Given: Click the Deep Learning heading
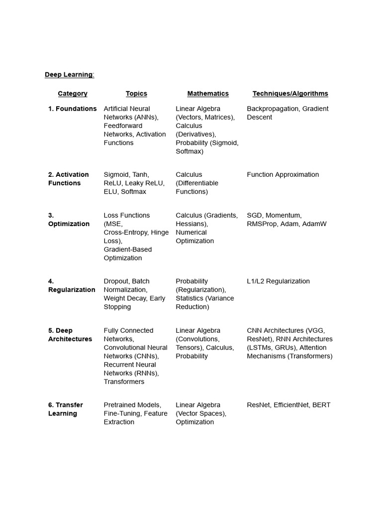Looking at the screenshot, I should tap(69, 75).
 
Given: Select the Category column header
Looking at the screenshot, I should tap(73, 94).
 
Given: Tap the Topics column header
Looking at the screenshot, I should tap(136, 94).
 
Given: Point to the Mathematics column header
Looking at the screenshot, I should tap(208, 94).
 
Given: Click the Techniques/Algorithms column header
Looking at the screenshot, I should tap(290, 94).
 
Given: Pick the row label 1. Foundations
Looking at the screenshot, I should tap(73, 109).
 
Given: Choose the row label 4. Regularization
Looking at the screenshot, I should tap(72, 285).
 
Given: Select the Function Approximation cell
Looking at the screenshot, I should tap(283, 174).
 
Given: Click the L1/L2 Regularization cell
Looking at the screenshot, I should tap(278, 281).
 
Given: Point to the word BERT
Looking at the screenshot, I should tap(321, 405).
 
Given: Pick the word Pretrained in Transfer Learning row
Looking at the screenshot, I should tap(118, 405).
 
